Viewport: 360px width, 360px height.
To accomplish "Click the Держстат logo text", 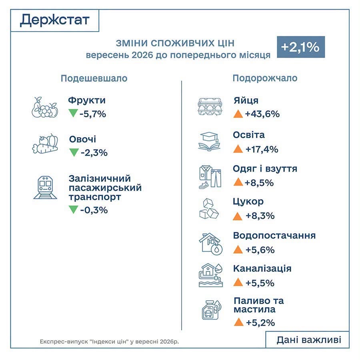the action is (x=55, y=20).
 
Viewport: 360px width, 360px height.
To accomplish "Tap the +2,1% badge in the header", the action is (x=301, y=47).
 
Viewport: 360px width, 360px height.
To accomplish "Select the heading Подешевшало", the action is (x=94, y=78).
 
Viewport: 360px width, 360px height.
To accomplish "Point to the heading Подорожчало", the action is (x=265, y=78).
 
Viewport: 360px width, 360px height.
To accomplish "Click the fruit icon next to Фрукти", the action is (x=45, y=107).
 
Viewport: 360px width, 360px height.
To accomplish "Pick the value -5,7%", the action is (x=93, y=114).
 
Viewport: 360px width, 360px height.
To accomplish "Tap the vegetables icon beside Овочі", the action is (x=45, y=144).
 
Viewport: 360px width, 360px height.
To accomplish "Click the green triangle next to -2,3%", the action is (x=74, y=152).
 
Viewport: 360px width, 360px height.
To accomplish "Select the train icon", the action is (x=45, y=188).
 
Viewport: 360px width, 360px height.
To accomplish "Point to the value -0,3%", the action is (x=94, y=210).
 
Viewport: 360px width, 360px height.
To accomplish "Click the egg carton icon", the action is (x=210, y=107).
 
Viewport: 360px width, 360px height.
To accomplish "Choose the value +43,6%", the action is (x=262, y=114).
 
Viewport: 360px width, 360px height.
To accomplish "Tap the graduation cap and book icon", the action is (x=209, y=142).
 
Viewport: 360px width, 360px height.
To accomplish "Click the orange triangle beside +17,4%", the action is (x=238, y=149).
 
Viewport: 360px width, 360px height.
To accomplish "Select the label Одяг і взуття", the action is (x=265, y=169).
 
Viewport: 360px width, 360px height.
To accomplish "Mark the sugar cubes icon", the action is (x=209, y=209).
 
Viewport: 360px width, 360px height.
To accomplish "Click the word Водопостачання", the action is (x=274, y=236).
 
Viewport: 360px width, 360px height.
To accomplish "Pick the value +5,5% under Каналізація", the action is (x=260, y=283).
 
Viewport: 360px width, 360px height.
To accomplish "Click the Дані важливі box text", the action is (x=309, y=340).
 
